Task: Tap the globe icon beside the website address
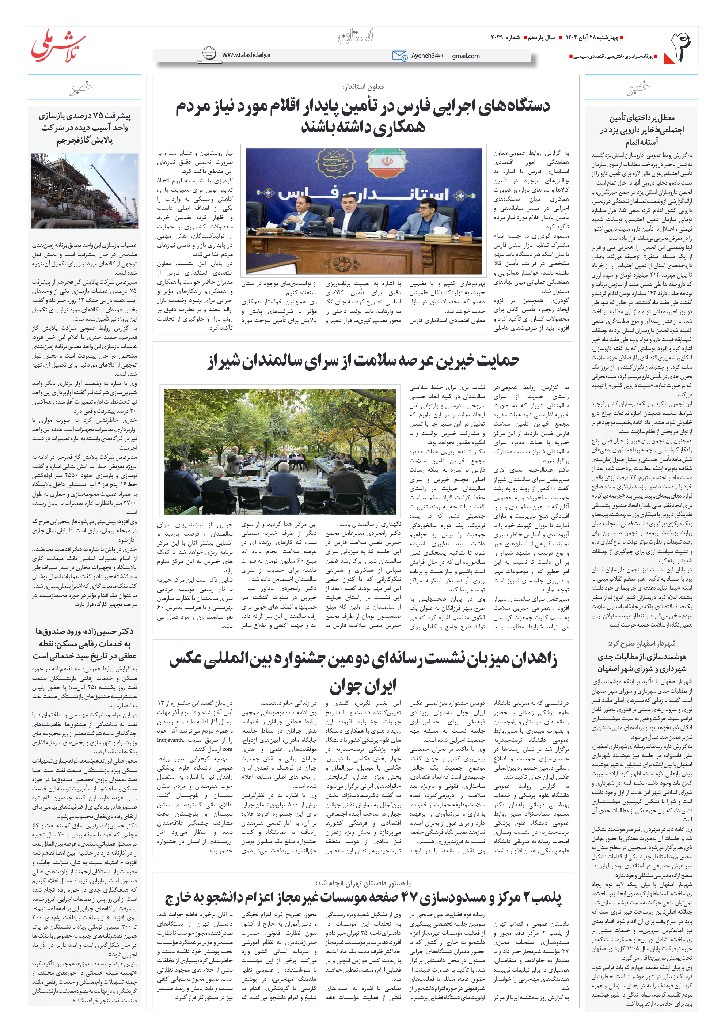[x=209, y=54]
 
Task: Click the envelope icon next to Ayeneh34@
[x=399, y=56]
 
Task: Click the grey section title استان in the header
[x=356, y=36]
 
